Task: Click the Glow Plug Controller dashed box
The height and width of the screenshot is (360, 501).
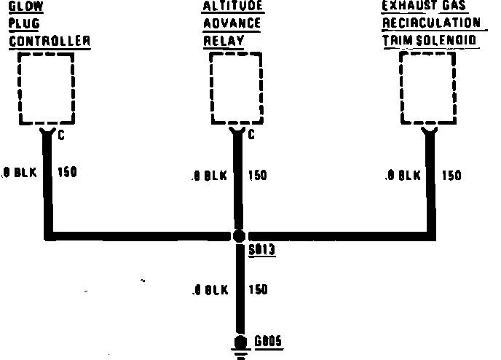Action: coord(46,90)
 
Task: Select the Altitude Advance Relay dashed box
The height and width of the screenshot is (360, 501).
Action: coord(236,90)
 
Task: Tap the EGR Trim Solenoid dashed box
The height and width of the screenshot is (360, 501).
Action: coord(430,90)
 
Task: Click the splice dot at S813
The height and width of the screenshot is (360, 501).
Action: coord(238,236)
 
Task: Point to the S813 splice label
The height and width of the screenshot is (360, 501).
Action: coord(261,249)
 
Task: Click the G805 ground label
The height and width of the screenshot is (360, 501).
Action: coord(269,341)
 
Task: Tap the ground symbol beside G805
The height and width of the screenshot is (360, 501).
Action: coord(238,346)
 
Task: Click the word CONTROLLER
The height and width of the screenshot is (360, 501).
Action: coord(50,42)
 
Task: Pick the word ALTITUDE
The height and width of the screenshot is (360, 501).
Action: coord(233,7)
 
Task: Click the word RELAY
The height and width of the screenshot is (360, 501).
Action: coord(224,42)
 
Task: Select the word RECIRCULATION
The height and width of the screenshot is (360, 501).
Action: coord(431,24)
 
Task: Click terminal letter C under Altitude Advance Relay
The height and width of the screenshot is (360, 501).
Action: coord(251,135)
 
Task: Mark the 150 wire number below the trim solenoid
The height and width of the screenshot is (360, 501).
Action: coord(451,175)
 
